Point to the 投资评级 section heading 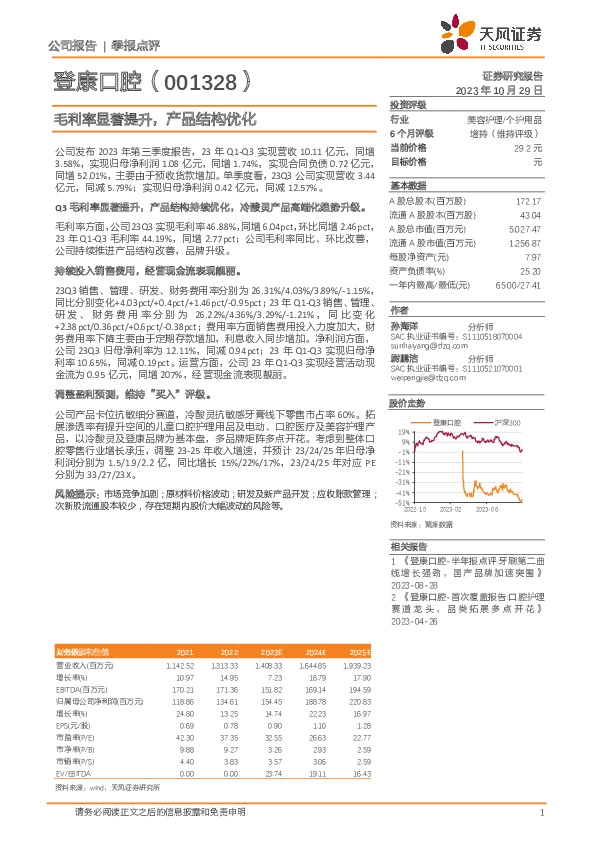coord(408,103)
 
